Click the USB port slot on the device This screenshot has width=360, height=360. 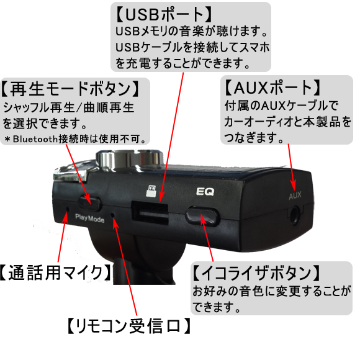click(x=150, y=213)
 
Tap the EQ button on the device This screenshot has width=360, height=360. click(x=202, y=216)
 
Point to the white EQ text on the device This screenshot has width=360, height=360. click(x=205, y=192)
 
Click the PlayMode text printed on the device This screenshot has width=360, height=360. click(x=90, y=218)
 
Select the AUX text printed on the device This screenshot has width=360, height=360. click(x=295, y=196)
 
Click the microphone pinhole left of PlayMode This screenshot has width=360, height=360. click(x=68, y=209)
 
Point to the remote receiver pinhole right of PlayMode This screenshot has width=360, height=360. click(x=113, y=215)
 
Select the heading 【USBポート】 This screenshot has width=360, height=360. click(x=163, y=15)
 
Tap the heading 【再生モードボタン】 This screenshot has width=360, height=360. click(x=71, y=89)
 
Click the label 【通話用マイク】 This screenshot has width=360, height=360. click(x=55, y=272)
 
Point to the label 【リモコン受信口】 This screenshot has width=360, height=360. click(x=129, y=326)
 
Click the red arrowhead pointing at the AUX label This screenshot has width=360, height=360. click(x=293, y=184)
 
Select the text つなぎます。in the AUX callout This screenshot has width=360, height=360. click(x=254, y=138)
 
